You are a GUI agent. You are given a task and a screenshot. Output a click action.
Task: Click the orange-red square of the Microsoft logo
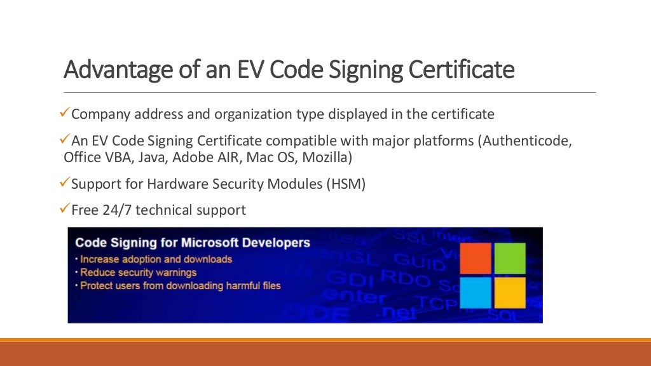point(476,259)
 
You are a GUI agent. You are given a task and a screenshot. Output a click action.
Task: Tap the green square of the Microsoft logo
point(510,259)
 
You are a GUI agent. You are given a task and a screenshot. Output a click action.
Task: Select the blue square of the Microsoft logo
point(476,292)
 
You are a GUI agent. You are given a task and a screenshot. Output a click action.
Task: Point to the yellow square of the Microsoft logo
point(510,292)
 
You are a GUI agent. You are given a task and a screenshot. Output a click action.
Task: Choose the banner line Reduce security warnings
point(138,273)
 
